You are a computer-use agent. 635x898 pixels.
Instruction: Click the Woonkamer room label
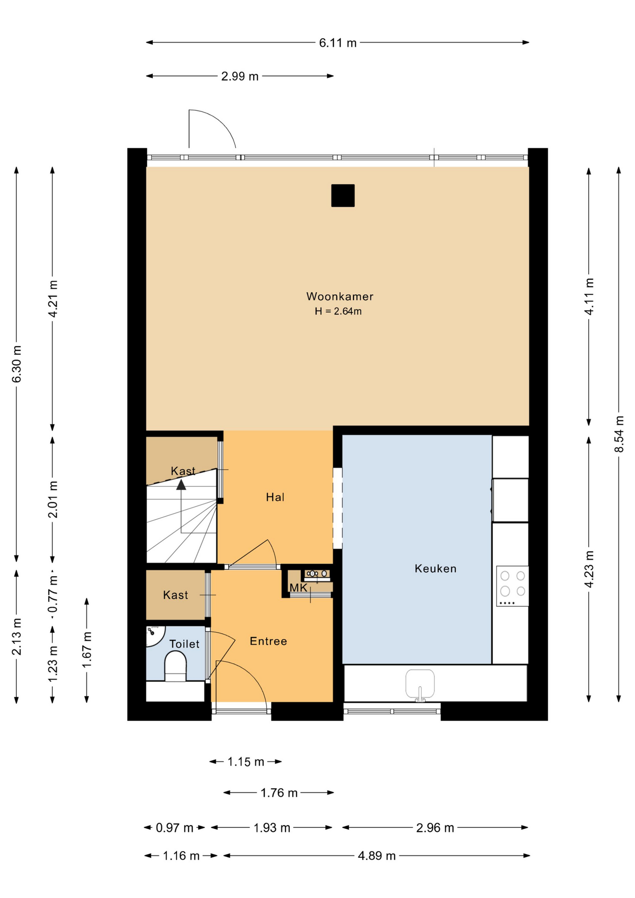point(339,296)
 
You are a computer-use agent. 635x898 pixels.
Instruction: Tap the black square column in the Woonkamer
point(343,196)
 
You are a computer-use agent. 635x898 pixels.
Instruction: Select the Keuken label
point(435,568)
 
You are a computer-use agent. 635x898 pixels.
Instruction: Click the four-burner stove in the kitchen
point(512,586)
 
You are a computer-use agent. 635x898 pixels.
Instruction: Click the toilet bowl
point(176,666)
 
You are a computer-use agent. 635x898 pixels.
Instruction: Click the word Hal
point(275,497)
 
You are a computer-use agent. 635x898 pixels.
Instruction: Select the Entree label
point(268,641)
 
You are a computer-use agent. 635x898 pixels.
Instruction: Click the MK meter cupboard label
point(298,587)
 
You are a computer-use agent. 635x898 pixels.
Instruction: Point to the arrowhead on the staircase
point(181,485)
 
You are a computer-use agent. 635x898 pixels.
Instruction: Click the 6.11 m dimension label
point(338,43)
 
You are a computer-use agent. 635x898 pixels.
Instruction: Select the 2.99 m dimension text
point(239,76)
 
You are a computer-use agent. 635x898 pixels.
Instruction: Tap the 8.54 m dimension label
point(619,434)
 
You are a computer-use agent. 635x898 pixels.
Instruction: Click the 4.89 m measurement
point(376,855)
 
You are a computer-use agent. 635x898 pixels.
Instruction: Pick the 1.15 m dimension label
point(246,762)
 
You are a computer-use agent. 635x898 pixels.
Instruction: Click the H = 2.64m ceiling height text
point(338,311)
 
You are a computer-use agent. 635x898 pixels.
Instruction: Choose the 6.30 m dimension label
point(17,364)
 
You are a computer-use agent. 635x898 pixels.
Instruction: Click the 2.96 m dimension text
point(435,827)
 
